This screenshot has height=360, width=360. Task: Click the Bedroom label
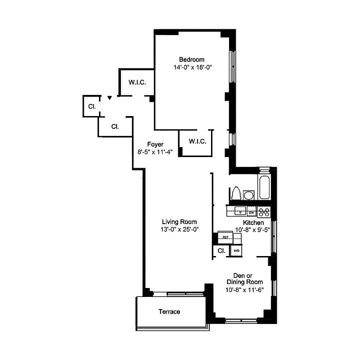192,59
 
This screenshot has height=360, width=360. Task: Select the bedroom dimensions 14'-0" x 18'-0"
192,67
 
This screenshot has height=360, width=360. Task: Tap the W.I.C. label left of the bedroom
136,82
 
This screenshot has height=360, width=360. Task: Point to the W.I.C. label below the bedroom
197,141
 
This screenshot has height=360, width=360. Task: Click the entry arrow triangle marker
109,97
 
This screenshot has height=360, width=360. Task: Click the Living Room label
180,221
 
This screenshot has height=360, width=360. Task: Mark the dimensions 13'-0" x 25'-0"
180,229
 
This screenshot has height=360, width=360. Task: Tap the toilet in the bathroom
235,193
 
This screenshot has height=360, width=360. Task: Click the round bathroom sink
248,194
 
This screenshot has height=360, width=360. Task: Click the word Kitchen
254,223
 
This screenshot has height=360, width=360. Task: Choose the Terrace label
169,312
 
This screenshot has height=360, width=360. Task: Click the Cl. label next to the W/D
221,251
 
